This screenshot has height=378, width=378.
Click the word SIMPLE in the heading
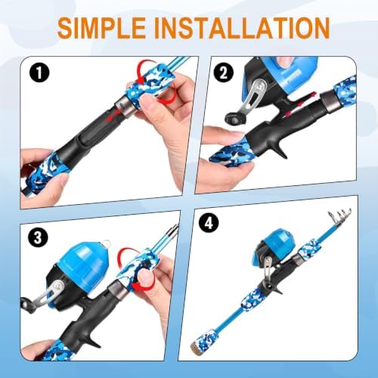point(101,28)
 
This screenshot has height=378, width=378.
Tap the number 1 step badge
point(39,73)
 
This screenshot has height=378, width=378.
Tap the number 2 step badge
point(223,73)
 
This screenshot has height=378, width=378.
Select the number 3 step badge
point(38,237)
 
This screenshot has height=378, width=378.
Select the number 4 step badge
point(209,223)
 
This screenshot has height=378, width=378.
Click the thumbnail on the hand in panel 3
point(146,277)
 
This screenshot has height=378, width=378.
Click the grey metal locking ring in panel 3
point(118,290)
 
